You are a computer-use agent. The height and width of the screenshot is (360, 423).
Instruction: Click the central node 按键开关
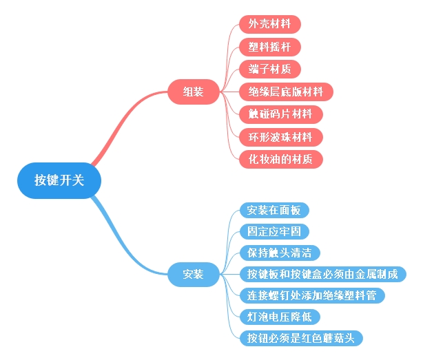click(x=59, y=180)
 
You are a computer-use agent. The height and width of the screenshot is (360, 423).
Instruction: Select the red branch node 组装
click(x=193, y=92)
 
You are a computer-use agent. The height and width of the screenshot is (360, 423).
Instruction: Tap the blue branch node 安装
click(x=193, y=274)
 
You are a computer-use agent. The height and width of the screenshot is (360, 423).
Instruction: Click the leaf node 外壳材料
click(x=269, y=24)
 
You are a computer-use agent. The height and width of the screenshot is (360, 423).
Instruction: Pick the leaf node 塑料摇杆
click(x=269, y=47)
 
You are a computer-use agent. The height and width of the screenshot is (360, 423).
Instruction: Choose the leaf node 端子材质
click(x=269, y=69)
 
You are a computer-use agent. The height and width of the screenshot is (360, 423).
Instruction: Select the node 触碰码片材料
click(x=280, y=114)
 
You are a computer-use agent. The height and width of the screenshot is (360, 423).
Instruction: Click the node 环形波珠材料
click(x=280, y=136)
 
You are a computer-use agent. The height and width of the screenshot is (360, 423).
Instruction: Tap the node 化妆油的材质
click(x=280, y=159)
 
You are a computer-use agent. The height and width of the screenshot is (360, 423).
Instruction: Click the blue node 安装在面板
click(x=274, y=210)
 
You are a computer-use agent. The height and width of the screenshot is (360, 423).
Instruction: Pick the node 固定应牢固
click(x=274, y=231)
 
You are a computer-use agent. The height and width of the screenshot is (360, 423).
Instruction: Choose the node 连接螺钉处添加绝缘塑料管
click(x=311, y=295)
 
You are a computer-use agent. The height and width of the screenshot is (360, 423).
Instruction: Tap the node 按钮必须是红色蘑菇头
click(x=300, y=338)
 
